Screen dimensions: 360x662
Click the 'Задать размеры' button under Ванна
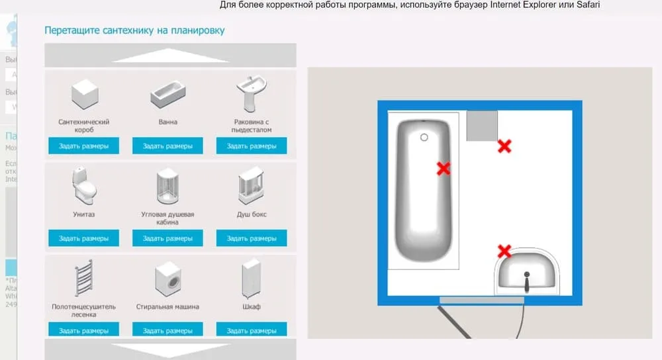(x=167, y=146)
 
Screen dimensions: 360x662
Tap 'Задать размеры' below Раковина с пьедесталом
(x=252, y=146)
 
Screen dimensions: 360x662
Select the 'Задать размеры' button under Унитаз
(x=83, y=238)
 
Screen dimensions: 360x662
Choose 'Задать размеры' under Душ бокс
(x=252, y=238)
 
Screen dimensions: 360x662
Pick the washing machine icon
(x=167, y=279)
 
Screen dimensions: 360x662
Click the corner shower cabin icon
(x=167, y=187)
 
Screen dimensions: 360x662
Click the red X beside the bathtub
(x=444, y=169)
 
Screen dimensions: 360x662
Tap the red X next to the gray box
(x=504, y=146)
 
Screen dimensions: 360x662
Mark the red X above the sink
(x=504, y=251)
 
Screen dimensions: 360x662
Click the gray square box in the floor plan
(x=482, y=126)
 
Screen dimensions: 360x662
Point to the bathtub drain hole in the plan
(x=424, y=137)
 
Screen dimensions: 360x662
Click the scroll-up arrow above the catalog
(x=170, y=56)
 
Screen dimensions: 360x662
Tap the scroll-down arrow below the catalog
(x=170, y=349)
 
